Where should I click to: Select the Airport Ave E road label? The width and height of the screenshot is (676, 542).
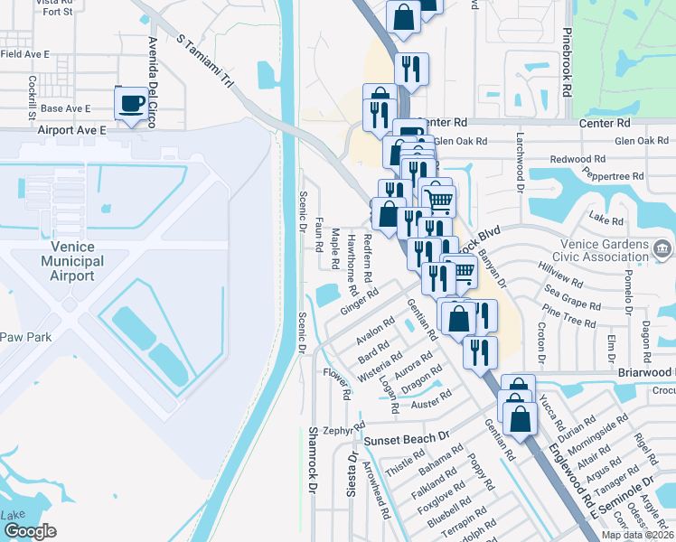point(72,130)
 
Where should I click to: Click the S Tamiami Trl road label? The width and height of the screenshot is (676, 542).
point(206,63)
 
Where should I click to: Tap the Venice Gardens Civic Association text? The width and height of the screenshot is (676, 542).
point(588,248)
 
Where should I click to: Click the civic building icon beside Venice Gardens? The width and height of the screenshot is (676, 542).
point(662,248)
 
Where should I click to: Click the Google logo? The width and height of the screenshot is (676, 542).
point(30,531)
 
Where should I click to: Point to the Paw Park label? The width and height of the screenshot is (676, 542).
point(26,337)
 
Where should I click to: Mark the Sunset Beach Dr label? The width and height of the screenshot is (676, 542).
point(406,438)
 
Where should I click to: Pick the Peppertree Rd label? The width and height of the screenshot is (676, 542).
point(613,176)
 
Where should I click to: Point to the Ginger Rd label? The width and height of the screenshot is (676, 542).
point(358,303)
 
